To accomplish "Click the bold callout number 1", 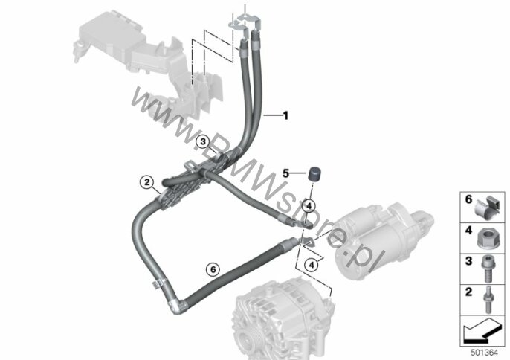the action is coord(285,115).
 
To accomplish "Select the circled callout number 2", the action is coord(147,182).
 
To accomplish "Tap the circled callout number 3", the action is coord(203,141).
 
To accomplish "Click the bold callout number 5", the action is coord(285,173).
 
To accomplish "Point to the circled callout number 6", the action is coord(213,269).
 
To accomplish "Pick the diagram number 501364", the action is coord(485,353).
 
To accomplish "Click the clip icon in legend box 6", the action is coord(487,208).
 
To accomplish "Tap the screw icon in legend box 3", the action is coord(487,269).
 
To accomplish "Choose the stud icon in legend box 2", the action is coord(488,300).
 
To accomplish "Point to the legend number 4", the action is coord(468,231).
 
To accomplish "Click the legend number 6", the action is coord(468,199).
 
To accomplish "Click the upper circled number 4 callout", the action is coord(309,206).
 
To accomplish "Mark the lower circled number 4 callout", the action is coord(312,266).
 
